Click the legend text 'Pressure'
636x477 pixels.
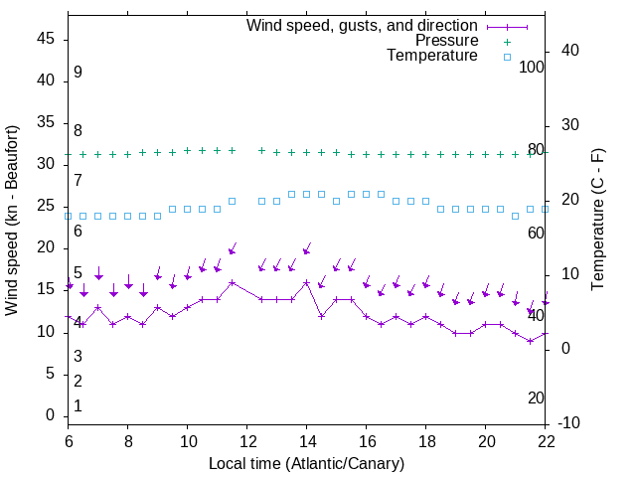447,41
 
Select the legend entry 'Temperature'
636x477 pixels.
432,56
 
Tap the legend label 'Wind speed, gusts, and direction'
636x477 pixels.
363,25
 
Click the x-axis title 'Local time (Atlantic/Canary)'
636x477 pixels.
306,463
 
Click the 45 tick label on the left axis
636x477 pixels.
46,39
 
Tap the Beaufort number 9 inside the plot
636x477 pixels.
78,73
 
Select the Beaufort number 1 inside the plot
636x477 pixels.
78,405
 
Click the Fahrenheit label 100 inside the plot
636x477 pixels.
533,67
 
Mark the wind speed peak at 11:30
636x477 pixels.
232,282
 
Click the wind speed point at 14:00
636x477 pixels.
306,282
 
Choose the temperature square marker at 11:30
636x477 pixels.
232,201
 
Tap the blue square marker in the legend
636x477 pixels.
506,57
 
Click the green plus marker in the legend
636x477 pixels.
506,41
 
